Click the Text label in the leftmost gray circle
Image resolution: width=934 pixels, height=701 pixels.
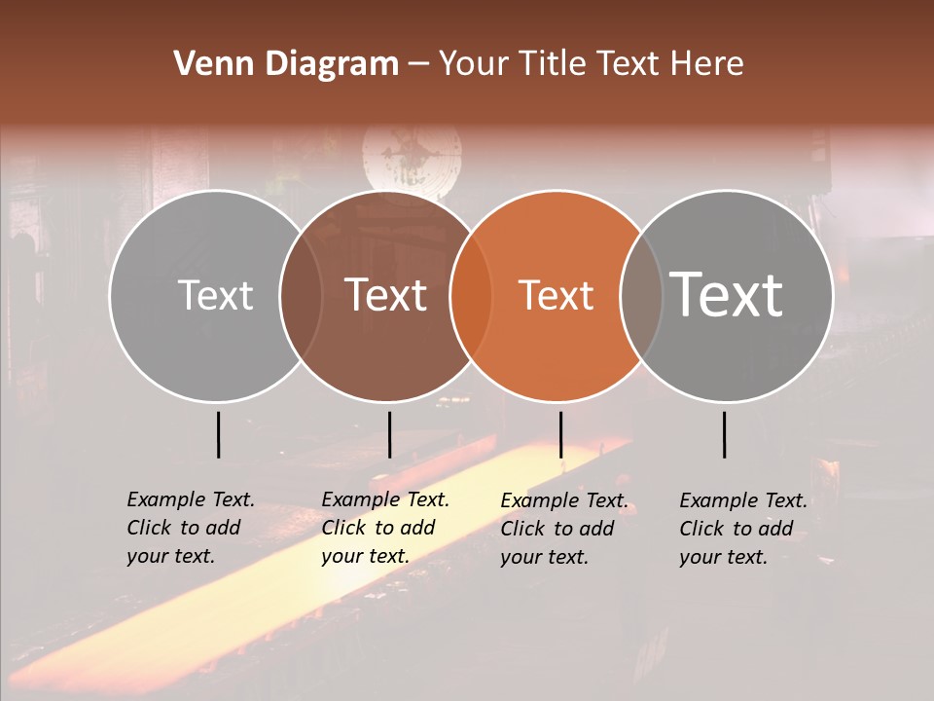click(x=216, y=296)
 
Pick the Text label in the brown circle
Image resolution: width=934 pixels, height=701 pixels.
click(x=386, y=296)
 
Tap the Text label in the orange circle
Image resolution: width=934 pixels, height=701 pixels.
click(x=557, y=296)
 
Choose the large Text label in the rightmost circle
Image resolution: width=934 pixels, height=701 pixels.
click(x=726, y=294)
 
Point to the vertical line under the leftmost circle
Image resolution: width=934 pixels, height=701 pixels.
click(x=219, y=434)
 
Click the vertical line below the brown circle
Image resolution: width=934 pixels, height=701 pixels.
click(x=389, y=434)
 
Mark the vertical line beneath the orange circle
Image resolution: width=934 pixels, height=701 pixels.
click(x=560, y=434)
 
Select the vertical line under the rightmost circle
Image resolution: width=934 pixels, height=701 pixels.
click(x=725, y=434)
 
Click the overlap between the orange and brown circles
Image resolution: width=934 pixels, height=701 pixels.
click(x=471, y=296)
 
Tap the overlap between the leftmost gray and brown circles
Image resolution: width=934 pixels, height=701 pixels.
click(x=301, y=296)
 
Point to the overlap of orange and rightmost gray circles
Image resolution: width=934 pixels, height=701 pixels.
click(x=640, y=296)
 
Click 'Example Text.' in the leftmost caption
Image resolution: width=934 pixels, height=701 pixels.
click(x=191, y=499)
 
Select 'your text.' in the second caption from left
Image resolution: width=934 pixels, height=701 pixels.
click(x=365, y=556)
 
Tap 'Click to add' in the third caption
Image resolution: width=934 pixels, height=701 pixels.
click(x=557, y=529)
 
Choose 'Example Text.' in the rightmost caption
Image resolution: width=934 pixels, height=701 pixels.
click(x=743, y=500)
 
